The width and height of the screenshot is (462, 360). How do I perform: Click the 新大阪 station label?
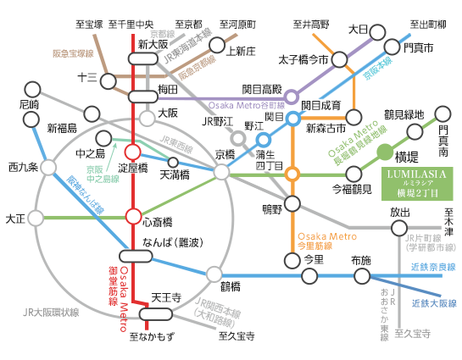point(154,43)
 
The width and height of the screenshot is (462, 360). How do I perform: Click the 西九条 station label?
point(23,166)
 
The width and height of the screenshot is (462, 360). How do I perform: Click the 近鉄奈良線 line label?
point(432,266)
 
